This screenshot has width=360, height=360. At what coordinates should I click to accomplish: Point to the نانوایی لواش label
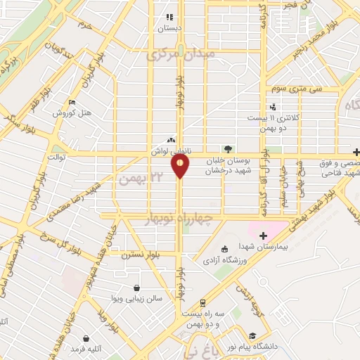pyautogui.click(x=168, y=150)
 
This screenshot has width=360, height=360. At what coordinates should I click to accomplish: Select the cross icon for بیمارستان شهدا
pyautogui.click(x=264, y=236)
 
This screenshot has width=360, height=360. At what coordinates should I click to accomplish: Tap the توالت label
pyautogui.click(x=56, y=157)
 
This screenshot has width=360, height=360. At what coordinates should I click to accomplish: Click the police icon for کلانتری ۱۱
pyautogui.click(x=273, y=107)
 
